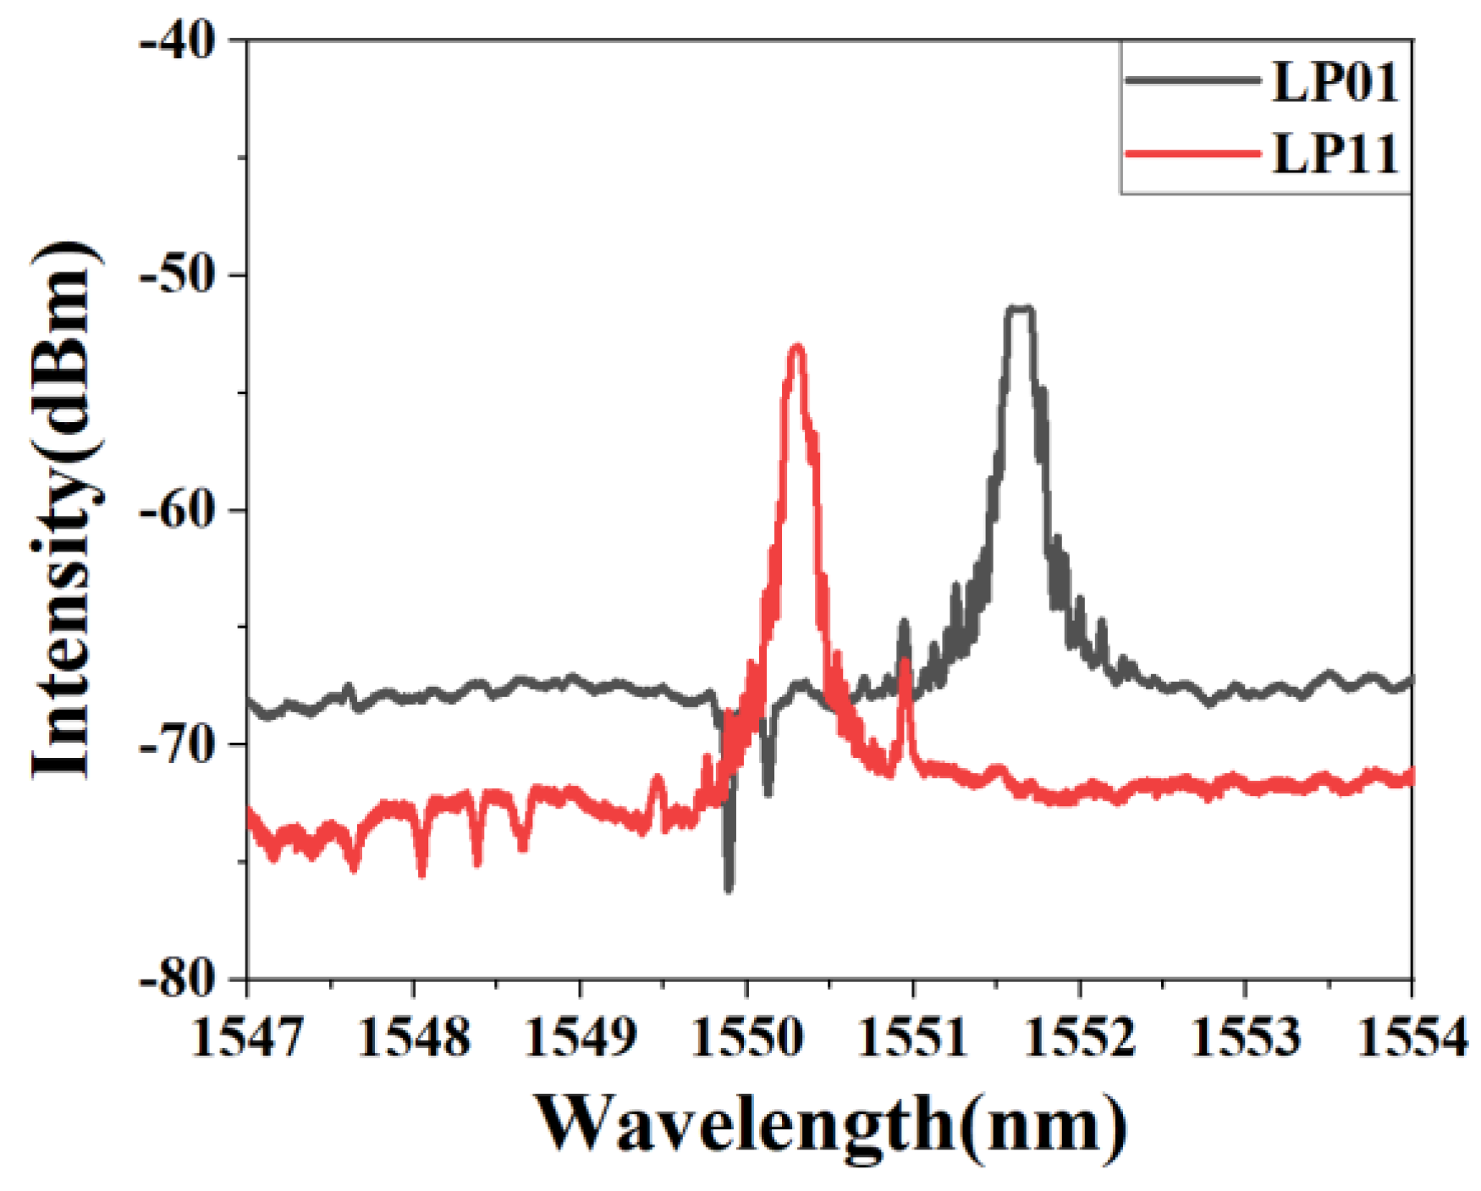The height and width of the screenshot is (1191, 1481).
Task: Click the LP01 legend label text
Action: click(x=1335, y=84)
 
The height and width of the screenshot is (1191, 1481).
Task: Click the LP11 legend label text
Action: click(x=1335, y=156)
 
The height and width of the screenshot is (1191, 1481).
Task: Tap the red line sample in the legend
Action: click(x=1193, y=154)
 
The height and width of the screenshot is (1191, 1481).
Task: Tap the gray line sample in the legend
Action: click(x=1193, y=81)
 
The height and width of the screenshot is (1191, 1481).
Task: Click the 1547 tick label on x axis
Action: click(x=247, y=1037)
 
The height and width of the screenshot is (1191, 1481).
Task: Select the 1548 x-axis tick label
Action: click(x=414, y=1037)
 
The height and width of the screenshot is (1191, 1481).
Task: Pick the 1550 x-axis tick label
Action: click(x=746, y=1037)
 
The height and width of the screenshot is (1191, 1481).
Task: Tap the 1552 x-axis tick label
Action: click(x=1080, y=1037)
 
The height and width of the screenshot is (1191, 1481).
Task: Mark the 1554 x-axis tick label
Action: click(x=1412, y=1037)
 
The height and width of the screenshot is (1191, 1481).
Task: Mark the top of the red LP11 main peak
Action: click(x=796, y=348)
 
